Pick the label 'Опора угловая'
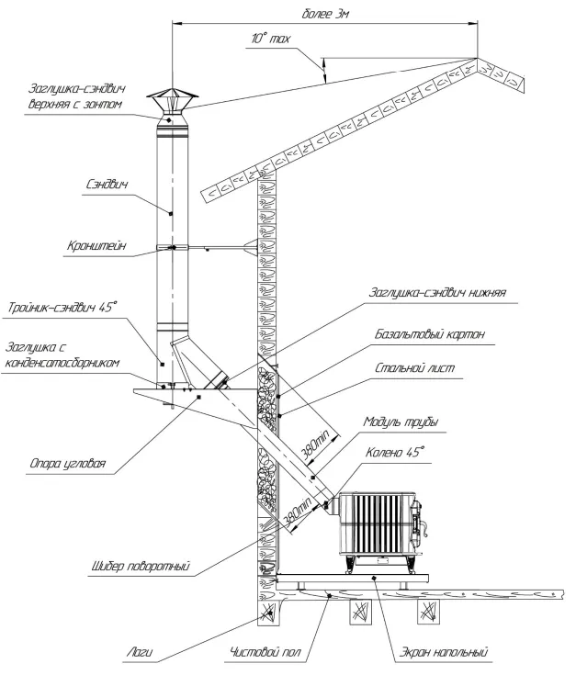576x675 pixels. pyautogui.click(x=72, y=465)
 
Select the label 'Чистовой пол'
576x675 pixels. pyautogui.click(x=268, y=655)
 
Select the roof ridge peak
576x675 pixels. pyautogui.click(x=477, y=60)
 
